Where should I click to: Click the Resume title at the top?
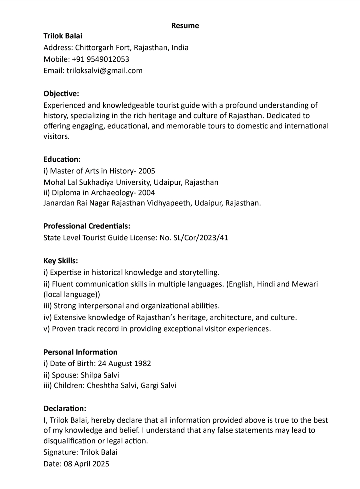[185, 26]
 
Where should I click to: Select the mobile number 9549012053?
[108, 59]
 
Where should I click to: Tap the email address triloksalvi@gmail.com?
[104, 71]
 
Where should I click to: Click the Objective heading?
[61, 93]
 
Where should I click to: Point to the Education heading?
[62, 159]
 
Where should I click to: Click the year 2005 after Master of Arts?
[147, 171]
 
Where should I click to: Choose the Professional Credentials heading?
[87, 226]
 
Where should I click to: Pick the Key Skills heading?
[61, 261]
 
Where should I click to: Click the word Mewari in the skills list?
[305, 284]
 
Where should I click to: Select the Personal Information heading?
[80, 352]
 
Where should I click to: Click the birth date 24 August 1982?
[124, 364]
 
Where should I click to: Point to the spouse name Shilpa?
[91, 375]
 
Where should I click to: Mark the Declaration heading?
[65, 409]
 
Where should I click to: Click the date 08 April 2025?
[86, 464]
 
